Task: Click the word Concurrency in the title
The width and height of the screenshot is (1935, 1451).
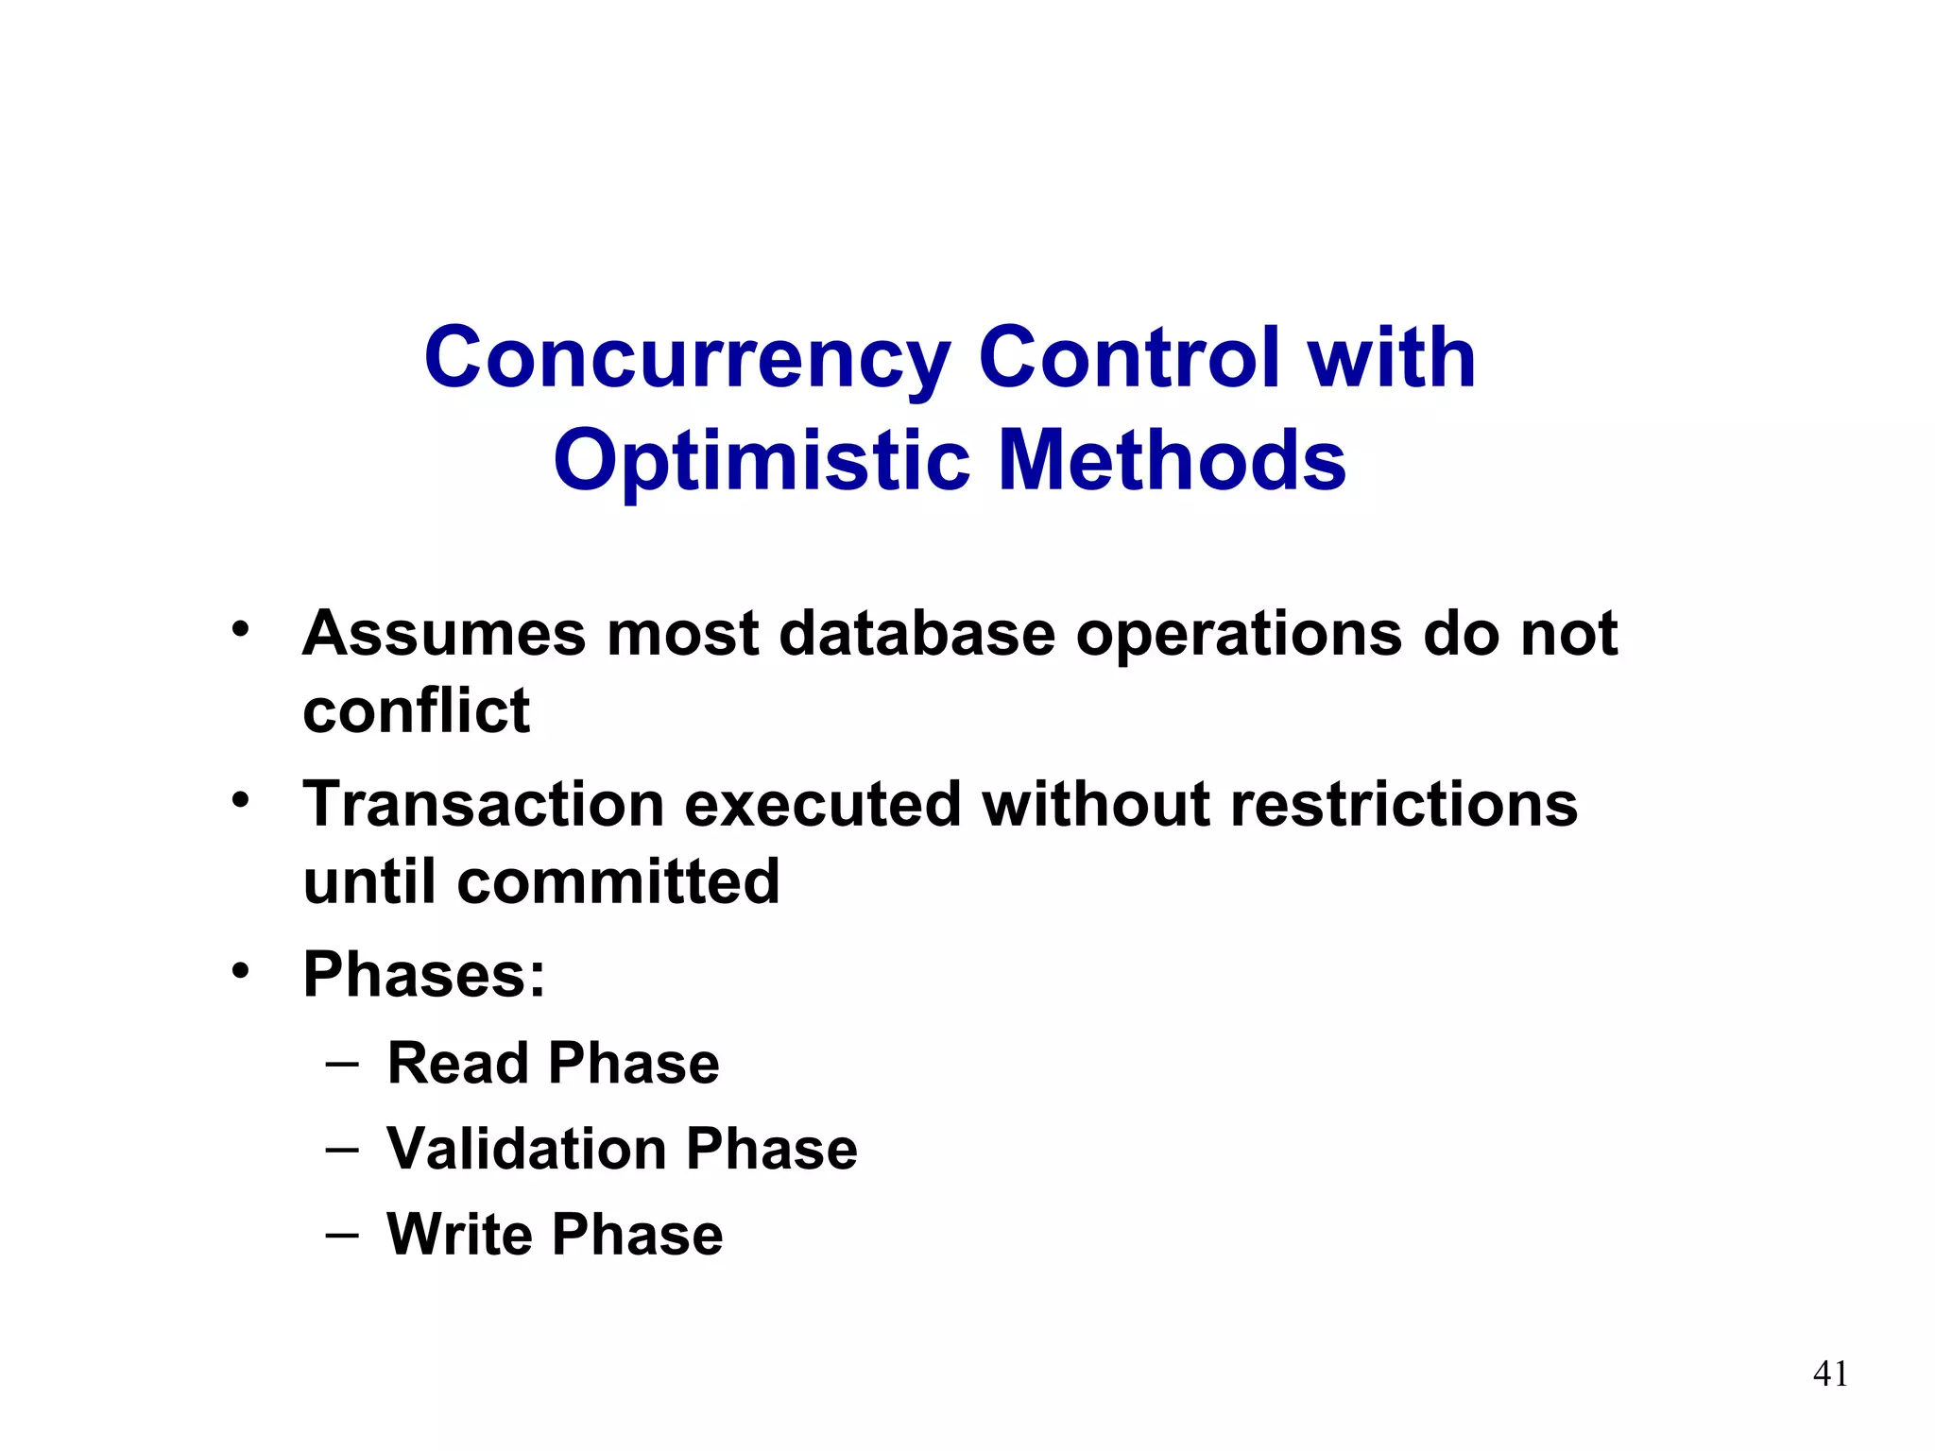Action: tap(687, 359)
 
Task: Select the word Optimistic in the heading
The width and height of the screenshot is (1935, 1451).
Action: tap(762, 462)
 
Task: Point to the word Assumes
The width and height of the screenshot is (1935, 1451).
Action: tap(443, 633)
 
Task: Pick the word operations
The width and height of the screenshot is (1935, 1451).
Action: tap(1240, 635)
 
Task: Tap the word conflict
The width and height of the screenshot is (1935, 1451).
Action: tap(416, 710)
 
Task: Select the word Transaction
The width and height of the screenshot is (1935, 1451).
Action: tap(483, 805)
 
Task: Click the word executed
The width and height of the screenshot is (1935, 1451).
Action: tap(821, 805)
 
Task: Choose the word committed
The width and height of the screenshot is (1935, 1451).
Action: tap(618, 882)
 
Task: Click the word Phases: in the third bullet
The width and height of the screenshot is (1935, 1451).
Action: tap(424, 975)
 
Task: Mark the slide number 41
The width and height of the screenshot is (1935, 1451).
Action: tap(1830, 1374)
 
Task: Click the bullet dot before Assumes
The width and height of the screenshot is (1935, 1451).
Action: tap(241, 629)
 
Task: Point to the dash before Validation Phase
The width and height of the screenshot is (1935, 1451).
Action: tap(341, 1150)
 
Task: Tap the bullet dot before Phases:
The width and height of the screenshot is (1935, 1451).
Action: tap(241, 970)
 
